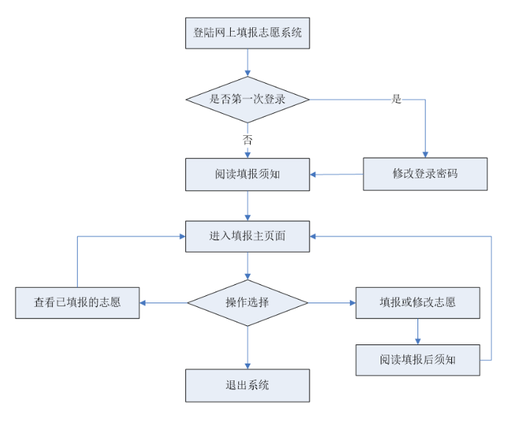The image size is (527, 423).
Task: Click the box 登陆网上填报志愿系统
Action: click(x=248, y=33)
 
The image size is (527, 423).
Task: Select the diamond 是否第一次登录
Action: click(x=248, y=99)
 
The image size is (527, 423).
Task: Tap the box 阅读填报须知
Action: click(x=248, y=174)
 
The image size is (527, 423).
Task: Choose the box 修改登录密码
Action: click(x=425, y=174)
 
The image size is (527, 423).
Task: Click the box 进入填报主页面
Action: click(x=248, y=236)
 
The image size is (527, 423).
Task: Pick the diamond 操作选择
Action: click(x=248, y=303)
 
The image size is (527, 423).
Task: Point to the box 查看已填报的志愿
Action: click(x=77, y=303)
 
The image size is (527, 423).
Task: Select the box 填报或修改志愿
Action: click(x=417, y=303)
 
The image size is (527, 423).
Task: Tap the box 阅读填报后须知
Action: click(x=417, y=360)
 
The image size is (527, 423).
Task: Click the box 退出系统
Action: click(x=248, y=386)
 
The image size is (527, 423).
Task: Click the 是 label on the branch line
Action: click(x=397, y=99)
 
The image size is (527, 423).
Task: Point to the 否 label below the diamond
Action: click(x=248, y=140)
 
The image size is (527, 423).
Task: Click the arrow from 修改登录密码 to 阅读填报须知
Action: click(x=337, y=174)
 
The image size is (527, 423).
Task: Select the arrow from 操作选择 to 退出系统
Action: click(x=248, y=347)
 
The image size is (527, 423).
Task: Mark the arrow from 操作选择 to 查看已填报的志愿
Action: click(x=163, y=303)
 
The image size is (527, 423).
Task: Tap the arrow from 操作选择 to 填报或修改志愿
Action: click(x=331, y=303)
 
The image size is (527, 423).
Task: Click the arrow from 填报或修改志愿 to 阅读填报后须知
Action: click(x=417, y=331)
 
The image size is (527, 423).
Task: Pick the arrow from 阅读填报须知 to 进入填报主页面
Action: click(x=248, y=206)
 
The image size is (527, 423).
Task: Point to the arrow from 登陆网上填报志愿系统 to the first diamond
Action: click(x=248, y=62)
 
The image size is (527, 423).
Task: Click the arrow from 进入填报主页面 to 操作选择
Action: click(x=248, y=266)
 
